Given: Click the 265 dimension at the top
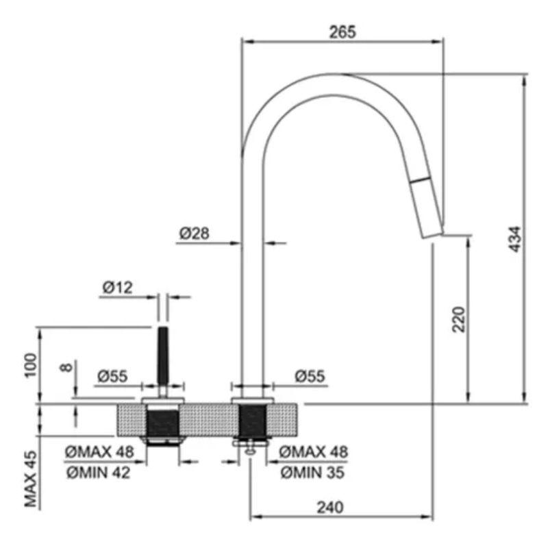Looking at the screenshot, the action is pos(342,32).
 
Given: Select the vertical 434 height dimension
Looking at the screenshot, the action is pos(516,239).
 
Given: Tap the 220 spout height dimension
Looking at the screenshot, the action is pos(459,319).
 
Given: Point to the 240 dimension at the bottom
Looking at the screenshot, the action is pos(330,508).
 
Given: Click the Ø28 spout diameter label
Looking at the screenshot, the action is pos(195,234).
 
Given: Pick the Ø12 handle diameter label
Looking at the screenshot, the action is pos(117,288).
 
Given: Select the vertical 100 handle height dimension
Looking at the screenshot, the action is pos(31,365).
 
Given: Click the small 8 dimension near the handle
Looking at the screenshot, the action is pos(66,367).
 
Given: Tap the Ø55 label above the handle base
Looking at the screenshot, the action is pos(112,376).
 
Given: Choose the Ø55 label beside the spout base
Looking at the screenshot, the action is pos(310,376).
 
